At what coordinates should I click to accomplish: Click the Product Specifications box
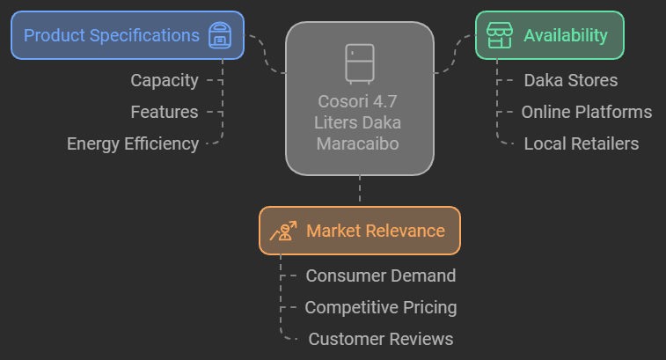pos(127,35)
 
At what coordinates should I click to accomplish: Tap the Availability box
pos(549,35)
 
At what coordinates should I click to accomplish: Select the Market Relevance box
pos(359,231)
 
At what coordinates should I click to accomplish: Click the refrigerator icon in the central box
pos(360,62)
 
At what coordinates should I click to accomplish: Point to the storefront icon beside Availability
pos(499,35)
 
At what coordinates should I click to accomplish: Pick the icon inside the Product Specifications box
pos(219,36)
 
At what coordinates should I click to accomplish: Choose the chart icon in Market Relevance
pos(283,231)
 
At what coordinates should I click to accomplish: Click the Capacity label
pos(165,80)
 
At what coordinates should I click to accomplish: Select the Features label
pos(165,112)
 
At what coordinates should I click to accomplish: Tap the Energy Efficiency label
pos(133,143)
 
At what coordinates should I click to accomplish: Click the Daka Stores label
pos(571,80)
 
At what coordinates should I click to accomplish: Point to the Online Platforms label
pos(587,112)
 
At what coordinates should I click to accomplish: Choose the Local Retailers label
pos(582,143)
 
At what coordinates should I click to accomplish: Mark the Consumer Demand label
pos(381,276)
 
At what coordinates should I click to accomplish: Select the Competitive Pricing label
pos(381,307)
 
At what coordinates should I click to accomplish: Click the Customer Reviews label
pos(381,339)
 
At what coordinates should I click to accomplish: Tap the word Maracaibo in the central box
pos(360,143)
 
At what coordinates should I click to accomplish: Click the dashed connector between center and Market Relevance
pos(360,190)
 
